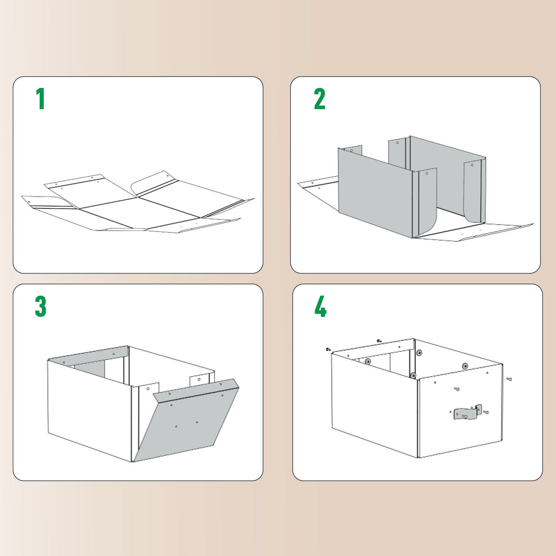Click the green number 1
40,99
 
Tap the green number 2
320,99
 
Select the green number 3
41,306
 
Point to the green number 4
321,306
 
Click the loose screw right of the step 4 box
509,379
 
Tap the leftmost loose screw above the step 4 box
328,349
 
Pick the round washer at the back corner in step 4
419,353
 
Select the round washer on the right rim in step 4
465,366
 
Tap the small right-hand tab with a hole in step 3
199,380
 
